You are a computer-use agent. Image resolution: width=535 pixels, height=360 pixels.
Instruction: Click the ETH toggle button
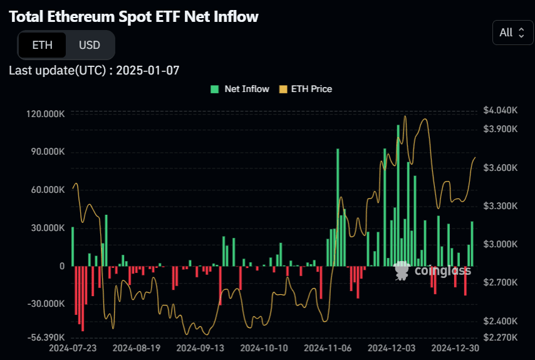point(42,45)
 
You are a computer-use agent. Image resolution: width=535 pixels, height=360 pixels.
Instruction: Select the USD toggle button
point(90,45)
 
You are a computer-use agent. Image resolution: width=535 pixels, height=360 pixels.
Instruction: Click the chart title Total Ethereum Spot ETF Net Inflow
point(133,17)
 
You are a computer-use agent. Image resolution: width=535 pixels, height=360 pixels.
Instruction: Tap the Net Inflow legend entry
point(240,89)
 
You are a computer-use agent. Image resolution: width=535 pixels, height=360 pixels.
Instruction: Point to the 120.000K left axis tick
point(45,114)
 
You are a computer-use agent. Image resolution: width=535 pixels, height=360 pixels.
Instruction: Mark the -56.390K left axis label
point(46,337)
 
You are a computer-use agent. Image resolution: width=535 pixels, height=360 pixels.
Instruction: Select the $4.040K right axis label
point(501,110)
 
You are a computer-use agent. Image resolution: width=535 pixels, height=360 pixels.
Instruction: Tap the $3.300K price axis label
point(501,206)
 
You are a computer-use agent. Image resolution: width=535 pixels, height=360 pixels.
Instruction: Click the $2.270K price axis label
point(501,337)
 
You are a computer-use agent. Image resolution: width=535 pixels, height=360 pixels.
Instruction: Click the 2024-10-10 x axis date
point(264,347)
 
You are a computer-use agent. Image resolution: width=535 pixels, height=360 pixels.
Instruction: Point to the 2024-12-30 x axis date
point(456,347)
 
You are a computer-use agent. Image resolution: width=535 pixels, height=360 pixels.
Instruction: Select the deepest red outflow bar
point(83,298)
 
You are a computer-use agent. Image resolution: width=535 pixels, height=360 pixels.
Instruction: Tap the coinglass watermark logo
point(432,270)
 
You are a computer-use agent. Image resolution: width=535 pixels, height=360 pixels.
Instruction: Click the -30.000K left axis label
point(46,304)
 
